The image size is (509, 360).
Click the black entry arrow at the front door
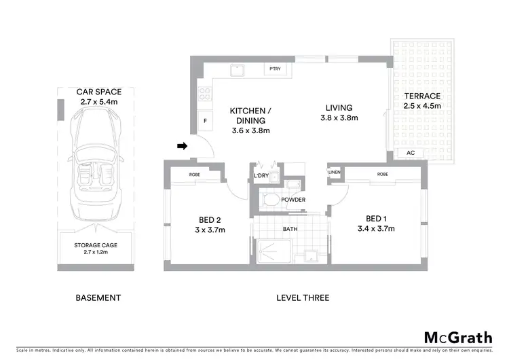coord(182,145)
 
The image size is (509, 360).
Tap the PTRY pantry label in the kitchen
coord(275,69)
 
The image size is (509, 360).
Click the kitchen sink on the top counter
coord(237,69)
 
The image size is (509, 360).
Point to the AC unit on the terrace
coord(411,153)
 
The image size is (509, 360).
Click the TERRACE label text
coord(422,96)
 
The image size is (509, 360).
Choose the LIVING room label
coord(339,107)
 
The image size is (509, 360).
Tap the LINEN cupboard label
coord(333,173)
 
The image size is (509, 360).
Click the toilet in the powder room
coord(271,200)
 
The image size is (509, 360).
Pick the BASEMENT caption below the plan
coord(98,298)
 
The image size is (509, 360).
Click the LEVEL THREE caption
coord(303,298)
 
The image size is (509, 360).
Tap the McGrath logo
coord(458,338)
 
